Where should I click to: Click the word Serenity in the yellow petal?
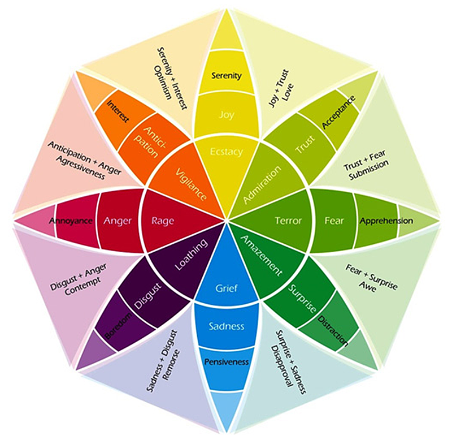[x=226, y=75]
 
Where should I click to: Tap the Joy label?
[x=226, y=115]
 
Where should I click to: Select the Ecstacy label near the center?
[x=226, y=152]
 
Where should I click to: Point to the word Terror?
[x=288, y=221]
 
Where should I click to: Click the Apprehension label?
[x=386, y=221]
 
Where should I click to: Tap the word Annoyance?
[x=71, y=221]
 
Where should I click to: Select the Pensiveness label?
[x=226, y=362]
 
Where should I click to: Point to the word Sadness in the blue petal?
[x=226, y=326]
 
